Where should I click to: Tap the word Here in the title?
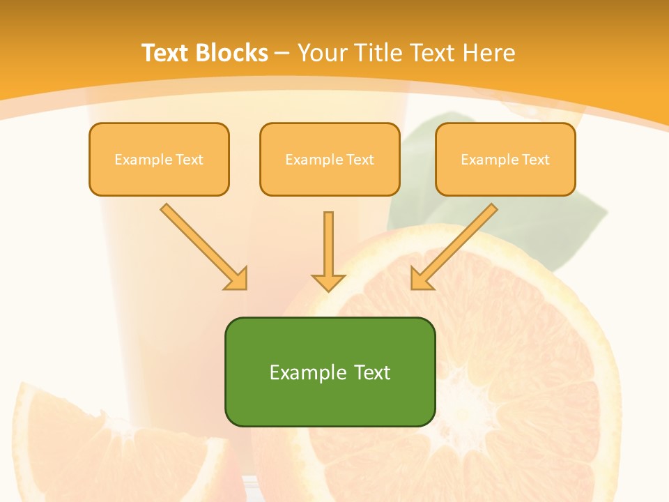tap(489, 52)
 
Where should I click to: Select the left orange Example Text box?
tap(159, 159)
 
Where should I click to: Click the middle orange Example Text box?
tap(330, 159)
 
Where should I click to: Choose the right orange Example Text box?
tap(505, 159)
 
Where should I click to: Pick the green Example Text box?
tap(330, 372)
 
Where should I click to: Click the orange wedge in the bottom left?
tap(63, 446)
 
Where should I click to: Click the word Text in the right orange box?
tap(535, 159)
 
